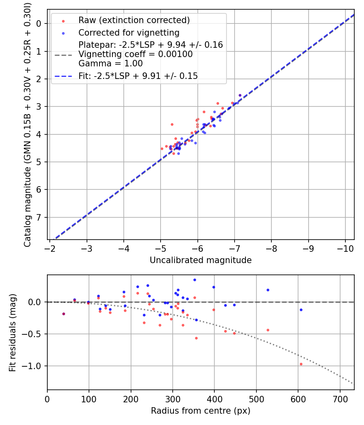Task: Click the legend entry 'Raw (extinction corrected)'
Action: pos(134,20)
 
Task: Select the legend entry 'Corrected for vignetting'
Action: pos(129,32)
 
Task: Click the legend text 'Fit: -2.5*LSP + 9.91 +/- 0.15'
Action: pos(138,76)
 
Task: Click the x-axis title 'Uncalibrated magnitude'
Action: pos(201,260)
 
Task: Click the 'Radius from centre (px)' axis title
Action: pos(201,411)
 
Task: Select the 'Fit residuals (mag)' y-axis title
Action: pos(13,332)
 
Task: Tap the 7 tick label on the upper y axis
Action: pos(39,217)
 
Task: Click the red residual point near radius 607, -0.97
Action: pos(301,364)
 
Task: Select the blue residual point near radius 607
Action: pos(301,310)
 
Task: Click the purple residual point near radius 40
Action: pos(63,314)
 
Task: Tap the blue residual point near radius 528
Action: pos(268,290)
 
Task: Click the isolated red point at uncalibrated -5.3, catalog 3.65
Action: pos(172,124)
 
